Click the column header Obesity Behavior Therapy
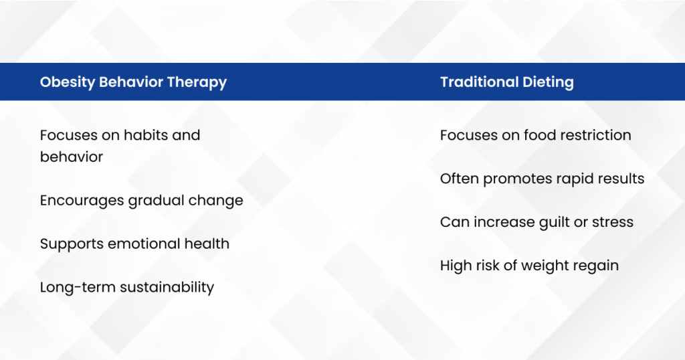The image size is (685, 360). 133,82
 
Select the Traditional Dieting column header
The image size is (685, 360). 507,82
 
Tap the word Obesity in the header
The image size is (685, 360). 68,82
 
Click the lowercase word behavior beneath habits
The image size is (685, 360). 71,157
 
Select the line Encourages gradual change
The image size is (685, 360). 142,201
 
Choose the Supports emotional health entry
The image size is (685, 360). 134,244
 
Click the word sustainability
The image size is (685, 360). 167,288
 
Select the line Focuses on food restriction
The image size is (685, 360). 536,135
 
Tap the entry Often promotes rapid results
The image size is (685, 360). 542,179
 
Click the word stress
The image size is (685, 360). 613,223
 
